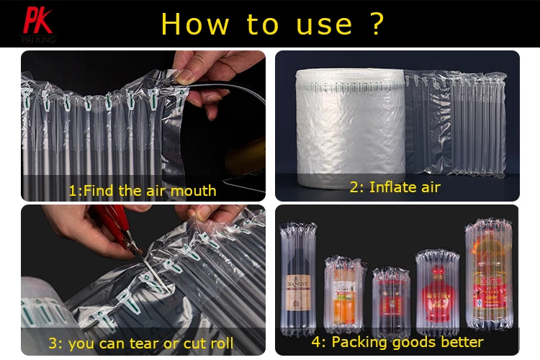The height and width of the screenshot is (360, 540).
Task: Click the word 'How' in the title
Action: [x=194, y=24]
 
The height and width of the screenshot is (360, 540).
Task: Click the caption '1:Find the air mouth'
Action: [x=142, y=191]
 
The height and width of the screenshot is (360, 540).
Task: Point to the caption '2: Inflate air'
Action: [x=395, y=187]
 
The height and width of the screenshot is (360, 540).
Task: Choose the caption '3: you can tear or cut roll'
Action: [x=141, y=343]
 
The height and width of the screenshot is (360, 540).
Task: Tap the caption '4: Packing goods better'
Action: [x=397, y=341]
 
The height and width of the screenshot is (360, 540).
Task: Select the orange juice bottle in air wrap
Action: [x=343, y=295]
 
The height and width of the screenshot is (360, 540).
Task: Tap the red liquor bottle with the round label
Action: [x=437, y=292]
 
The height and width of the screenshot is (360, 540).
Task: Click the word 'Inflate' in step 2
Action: [x=395, y=187]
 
